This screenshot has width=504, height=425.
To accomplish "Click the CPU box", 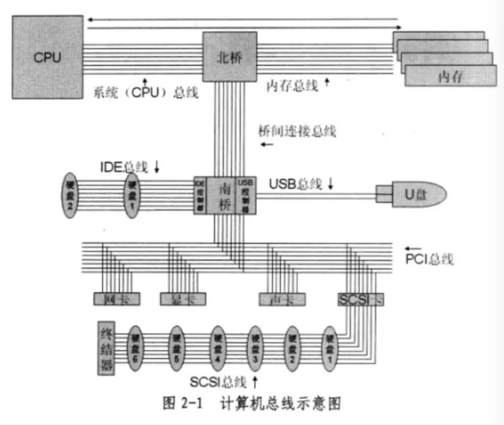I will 47,57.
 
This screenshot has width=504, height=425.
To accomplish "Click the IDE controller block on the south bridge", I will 200,195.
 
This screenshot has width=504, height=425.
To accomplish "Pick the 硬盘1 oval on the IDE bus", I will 131,195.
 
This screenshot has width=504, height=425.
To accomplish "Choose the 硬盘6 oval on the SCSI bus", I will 134,349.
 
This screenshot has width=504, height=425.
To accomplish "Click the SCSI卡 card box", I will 361,299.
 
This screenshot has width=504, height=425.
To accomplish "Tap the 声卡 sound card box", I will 282,299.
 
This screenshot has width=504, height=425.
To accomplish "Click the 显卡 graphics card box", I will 183,299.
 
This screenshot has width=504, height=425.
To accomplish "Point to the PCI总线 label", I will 429,259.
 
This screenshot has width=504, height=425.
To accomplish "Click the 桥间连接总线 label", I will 297,131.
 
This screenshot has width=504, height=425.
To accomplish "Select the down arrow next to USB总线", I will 330,184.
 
